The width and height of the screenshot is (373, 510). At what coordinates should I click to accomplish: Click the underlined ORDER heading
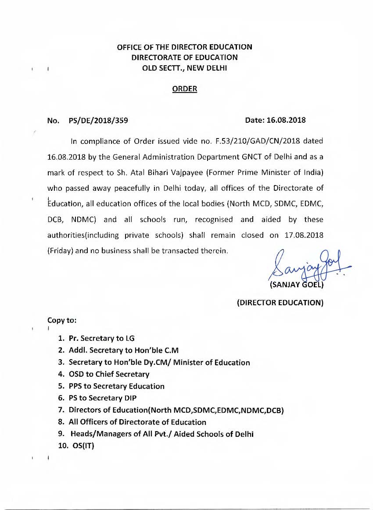pyautogui.click(x=184, y=89)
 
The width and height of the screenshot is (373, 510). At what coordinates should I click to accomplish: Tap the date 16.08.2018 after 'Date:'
pyautogui.click(x=288, y=120)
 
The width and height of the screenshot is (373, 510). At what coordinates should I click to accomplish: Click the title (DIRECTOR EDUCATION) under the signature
pyautogui.click(x=280, y=303)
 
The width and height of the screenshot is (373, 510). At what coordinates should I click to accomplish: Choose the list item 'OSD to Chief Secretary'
pyautogui.click(x=109, y=374)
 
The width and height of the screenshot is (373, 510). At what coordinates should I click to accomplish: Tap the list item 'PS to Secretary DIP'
pyautogui.click(x=103, y=398)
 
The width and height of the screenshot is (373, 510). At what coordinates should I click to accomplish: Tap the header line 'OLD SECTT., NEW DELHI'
pyautogui.click(x=184, y=68)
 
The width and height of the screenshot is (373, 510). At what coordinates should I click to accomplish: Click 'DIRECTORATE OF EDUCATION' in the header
pyautogui.click(x=184, y=57)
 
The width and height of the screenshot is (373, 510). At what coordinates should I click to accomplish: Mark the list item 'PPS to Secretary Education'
pyautogui.click(x=117, y=386)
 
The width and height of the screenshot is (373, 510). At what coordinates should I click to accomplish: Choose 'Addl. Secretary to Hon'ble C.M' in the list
pyautogui.click(x=123, y=350)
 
